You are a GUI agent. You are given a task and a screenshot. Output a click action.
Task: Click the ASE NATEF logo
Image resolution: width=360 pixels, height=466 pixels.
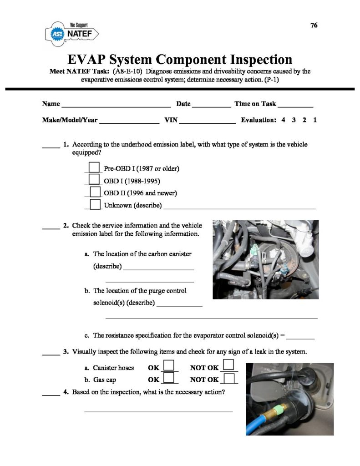point(72,33)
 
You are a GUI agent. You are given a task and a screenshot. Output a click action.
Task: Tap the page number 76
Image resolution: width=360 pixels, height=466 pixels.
point(314,25)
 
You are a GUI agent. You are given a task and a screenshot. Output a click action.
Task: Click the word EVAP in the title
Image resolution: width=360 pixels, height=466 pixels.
point(87,60)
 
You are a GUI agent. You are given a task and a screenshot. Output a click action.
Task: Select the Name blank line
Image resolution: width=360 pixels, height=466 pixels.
point(116,106)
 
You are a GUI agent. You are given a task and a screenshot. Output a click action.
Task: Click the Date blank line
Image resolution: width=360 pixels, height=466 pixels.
point(211,106)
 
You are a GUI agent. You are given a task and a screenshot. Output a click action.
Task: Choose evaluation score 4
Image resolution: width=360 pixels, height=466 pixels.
point(283,121)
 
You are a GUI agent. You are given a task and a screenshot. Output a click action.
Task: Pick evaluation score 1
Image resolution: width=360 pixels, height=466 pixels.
point(315,121)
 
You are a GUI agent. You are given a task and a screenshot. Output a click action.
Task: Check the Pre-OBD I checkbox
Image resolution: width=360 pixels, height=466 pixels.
point(94,167)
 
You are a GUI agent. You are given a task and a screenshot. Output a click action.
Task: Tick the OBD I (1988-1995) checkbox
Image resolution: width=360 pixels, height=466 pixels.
point(94,180)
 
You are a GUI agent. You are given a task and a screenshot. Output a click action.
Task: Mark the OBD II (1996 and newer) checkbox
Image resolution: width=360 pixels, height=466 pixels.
point(95,192)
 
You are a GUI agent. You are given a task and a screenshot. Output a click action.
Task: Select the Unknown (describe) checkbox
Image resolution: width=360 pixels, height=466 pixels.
point(95,204)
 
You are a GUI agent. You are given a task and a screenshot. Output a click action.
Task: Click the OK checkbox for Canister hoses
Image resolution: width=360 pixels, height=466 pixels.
point(169,366)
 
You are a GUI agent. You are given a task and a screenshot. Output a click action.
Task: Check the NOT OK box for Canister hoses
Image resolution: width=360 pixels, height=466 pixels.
point(229,365)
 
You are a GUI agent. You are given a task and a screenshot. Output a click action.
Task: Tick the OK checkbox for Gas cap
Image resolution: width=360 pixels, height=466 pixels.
point(169,378)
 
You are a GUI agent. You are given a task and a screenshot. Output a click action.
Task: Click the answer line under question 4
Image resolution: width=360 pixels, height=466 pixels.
point(158,411)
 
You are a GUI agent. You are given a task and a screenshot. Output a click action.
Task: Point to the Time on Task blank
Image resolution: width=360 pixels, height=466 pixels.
point(296,106)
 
